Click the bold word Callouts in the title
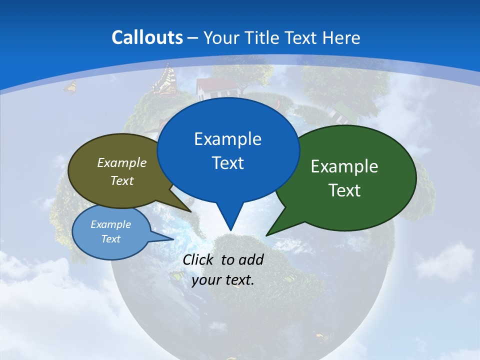[x=147, y=37]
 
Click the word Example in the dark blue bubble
[x=227, y=139]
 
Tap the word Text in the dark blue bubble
[x=227, y=163]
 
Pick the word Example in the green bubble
[x=344, y=166]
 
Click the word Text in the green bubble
[x=344, y=190]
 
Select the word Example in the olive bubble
[x=122, y=162]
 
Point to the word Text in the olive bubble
[x=122, y=180]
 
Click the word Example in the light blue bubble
[x=110, y=224]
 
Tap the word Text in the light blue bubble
[x=110, y=239]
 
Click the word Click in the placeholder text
[x=199, y=259]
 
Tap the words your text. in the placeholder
[x=223, y=280]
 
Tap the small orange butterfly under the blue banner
[x=70, y=87]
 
